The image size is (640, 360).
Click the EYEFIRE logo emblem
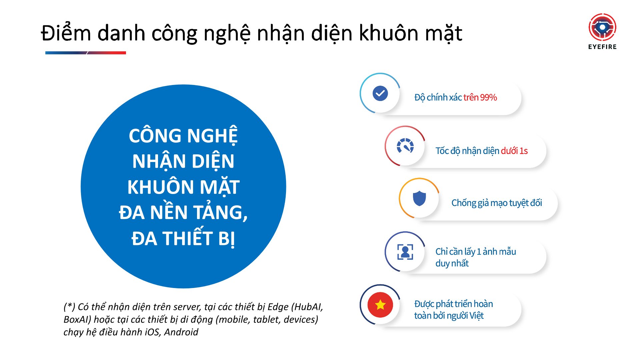602,27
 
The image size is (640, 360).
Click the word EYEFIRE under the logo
602,47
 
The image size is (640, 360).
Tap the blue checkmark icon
380,93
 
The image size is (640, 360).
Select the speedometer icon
405,146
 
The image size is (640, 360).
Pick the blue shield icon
419,199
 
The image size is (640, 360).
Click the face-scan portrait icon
405,252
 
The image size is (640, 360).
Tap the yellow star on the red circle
380,305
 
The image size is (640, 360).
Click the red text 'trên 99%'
480,97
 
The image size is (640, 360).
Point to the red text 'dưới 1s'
514,151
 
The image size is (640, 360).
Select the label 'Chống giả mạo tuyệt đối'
497,203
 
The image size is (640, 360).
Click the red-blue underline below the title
86,53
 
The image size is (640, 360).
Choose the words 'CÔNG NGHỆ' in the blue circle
183,136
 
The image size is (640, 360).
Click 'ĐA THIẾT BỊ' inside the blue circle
183,239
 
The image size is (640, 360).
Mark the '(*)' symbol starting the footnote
69,307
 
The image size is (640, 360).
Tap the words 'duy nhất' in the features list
452,263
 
